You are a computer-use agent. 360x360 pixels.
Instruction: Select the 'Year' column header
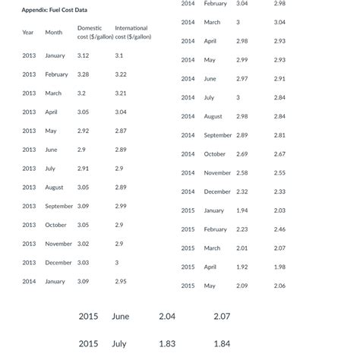click(28, 33)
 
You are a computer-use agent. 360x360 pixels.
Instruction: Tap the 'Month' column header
click(53, 33)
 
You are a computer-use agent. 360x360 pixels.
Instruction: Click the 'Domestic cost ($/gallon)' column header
click(95, 33)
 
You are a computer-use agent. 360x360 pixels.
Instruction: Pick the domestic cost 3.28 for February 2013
click(84, 74)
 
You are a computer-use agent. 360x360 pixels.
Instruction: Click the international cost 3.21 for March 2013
click(121, 93)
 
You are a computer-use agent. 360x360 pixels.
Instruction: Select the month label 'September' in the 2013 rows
click(59, 207)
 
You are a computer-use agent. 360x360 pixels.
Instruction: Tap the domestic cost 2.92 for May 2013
click(84, 131)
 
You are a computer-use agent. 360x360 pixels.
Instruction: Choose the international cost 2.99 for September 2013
click(121, 207)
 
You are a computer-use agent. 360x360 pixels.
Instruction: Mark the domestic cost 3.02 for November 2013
click(84, 244)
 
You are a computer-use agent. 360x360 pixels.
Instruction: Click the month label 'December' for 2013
click(58, 263)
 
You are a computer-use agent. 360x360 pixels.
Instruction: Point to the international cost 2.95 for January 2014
click(121, 282)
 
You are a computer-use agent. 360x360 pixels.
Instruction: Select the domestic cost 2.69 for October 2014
click(242, 154)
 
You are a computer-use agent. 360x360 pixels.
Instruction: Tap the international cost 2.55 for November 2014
click(279, 173)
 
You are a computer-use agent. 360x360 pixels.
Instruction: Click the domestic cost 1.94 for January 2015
click(242, 210)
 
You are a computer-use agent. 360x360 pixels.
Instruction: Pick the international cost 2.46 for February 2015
click(279, 229)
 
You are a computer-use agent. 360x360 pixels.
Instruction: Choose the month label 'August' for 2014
click(213, 116)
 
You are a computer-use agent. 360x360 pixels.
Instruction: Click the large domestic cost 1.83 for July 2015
click(167, 344)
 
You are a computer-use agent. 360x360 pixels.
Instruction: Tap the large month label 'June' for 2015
click(120, 317)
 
